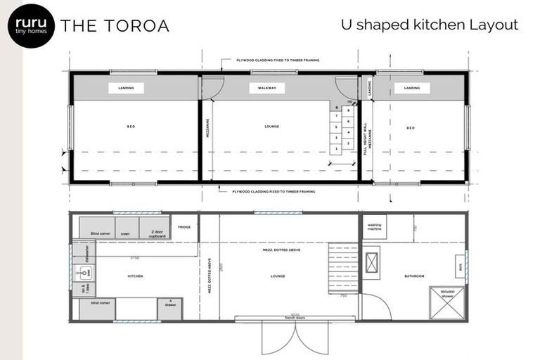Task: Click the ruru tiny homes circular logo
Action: [x=31, y=25]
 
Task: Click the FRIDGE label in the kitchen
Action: [x=184, y=227]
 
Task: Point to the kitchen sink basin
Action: [x=82, y=271]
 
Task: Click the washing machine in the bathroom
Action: [x=374, y=226]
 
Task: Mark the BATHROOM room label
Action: [x=414, y=276]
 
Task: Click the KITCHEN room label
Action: [x=136, y=276]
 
